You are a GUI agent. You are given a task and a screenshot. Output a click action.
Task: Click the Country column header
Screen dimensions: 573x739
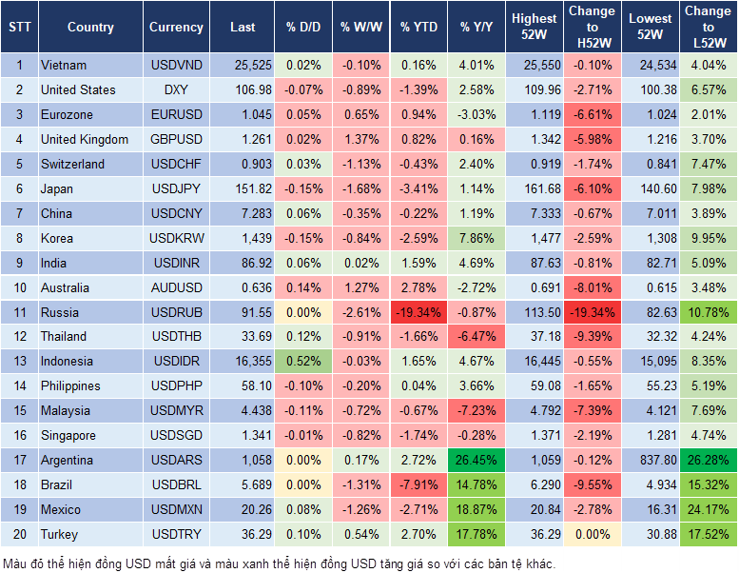pos(89,28)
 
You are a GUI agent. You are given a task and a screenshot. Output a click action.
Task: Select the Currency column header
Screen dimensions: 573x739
pos(176,28)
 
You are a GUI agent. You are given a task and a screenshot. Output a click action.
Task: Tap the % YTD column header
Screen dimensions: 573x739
pos(418,28)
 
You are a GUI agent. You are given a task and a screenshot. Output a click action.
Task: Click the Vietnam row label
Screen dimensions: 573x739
pos(64,66)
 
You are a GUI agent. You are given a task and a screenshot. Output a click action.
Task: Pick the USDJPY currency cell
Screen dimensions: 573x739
pos(176,188)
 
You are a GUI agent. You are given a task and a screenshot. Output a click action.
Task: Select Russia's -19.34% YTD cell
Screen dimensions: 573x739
pos(418,312)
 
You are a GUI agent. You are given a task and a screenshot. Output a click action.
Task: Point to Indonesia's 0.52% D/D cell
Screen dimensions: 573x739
pos(302,362)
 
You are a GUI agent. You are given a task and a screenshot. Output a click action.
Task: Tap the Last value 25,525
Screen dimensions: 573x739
pos(242,66)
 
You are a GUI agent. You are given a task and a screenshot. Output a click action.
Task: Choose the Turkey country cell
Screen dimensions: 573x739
pos(60,534)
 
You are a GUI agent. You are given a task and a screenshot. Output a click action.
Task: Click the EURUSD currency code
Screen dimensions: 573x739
pos(176,114)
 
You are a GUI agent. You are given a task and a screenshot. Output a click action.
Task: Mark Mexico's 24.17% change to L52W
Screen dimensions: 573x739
pos(708,509)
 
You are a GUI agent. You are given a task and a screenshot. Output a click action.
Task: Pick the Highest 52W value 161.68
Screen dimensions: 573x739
pos(534,188)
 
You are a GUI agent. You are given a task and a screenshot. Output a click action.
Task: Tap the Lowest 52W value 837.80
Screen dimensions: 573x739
pos(650,460)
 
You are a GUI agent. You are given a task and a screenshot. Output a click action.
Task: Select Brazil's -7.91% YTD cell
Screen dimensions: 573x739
pos(418,484)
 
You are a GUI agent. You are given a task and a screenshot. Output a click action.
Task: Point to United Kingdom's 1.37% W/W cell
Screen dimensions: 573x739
pos(360,139)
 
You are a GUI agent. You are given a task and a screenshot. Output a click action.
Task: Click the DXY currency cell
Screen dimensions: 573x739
pos(176,89)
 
